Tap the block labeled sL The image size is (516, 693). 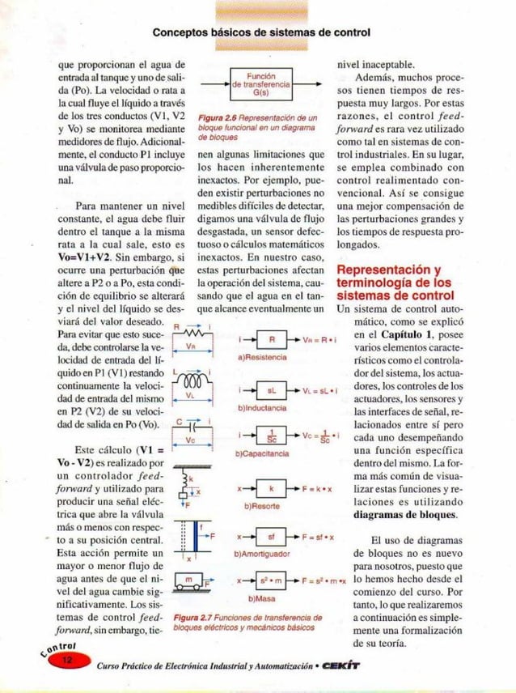[x=273, y=389]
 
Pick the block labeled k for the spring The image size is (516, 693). [x=272, y=491]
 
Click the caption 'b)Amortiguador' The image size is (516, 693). [x=261, y=553]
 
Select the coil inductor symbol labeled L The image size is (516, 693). [x=192, y=380]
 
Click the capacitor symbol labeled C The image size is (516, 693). [x=192, y=424]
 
